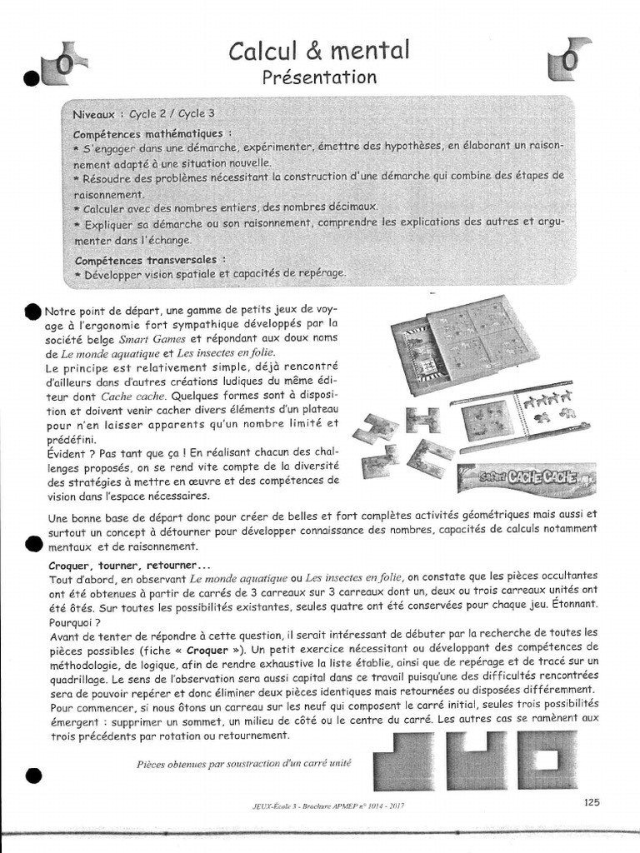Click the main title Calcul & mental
319,52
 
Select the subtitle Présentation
319,77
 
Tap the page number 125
591,802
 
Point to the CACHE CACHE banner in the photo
527,481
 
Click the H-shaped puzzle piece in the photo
422,420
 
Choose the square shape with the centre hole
547,760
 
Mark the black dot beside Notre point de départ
32,311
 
